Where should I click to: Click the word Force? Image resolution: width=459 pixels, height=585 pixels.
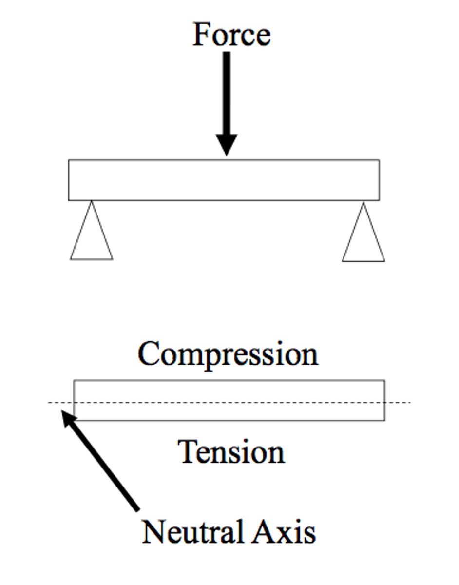click(x=231, y=35)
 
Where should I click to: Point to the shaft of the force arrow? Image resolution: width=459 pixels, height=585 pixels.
click(x=227, y=93)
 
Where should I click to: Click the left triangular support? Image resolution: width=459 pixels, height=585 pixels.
click(x=92, y=239)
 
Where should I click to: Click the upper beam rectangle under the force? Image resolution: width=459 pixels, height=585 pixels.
click(x=224, y=180)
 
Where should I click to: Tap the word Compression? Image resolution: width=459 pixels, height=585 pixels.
click(x=228, y=354)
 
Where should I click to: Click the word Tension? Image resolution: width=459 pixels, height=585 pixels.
click(x=231, y=452)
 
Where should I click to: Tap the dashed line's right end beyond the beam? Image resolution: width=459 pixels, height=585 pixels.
click(x=400, y=402)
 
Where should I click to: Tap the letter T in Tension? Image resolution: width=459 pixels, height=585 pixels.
click(x=187, y=451)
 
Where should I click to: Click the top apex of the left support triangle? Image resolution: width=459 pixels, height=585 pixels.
click(x=91, y=202)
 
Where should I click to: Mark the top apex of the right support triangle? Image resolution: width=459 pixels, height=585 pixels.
click(x=363, y=203)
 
